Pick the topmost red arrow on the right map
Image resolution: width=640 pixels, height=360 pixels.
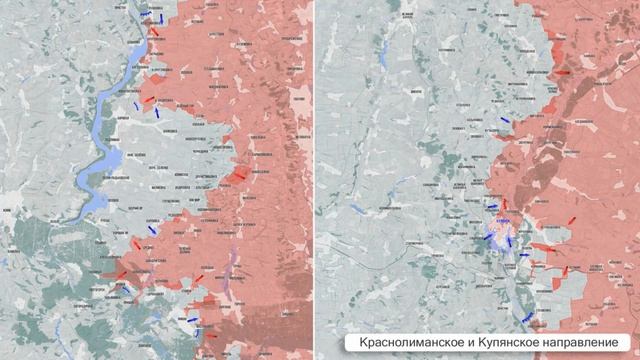click(x=564, y=72)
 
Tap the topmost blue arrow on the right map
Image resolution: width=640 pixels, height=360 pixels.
click(x=503, y=119)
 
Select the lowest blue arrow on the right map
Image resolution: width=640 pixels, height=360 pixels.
click(x=526, y=318)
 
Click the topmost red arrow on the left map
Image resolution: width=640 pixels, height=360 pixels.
click(x=155, y=30)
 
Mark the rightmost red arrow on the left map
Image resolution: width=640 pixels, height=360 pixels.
click(x=240, y=176)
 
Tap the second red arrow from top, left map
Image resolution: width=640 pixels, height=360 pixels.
click(x=149, y=99)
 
